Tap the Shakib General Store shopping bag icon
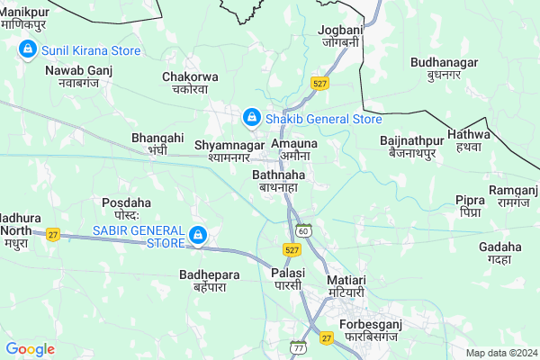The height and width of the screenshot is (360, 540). click(253, 118)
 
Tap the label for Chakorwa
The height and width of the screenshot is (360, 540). click(185, 83)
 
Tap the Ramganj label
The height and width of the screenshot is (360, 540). click(512, 196)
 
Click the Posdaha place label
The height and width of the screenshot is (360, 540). click(121, 209)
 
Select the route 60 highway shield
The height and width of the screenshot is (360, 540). click(305, 231)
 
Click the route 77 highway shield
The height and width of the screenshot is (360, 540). click(299, 346)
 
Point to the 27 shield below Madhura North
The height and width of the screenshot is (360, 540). click(53, 234)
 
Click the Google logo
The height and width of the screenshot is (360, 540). click(30, 348)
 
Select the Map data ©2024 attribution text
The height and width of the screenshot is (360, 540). click(499, 353)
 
